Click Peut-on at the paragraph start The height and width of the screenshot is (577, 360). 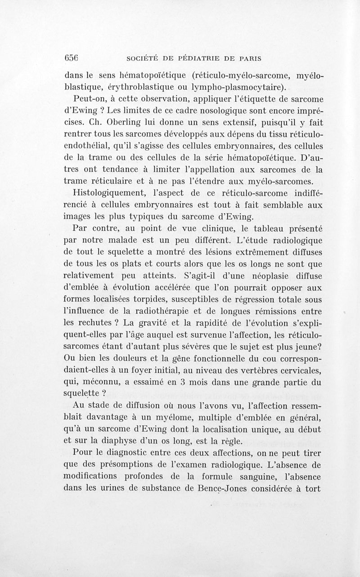[88, 98]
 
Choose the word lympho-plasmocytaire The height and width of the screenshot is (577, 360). [238, 87]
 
